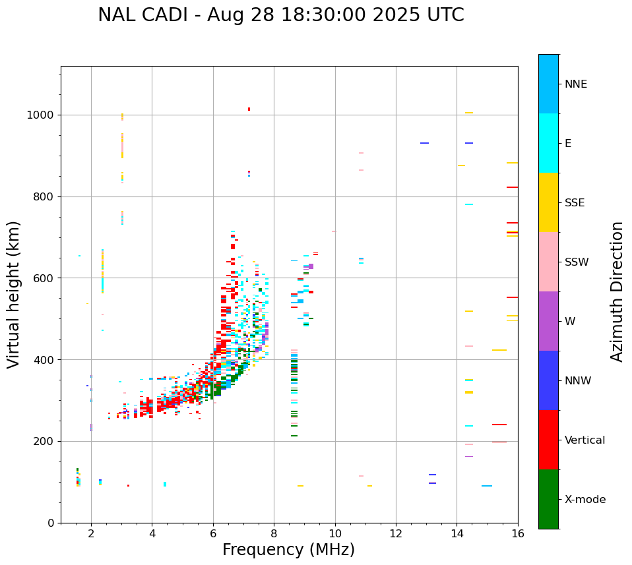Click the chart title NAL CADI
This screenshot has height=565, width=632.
point(280,15)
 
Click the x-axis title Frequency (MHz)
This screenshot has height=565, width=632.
point(288,550)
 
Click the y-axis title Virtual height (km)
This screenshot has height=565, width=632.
point(14,295)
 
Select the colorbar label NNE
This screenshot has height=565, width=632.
point(575,84)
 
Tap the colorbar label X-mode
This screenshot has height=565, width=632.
point(585,500)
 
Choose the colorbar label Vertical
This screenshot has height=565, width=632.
point(585,440)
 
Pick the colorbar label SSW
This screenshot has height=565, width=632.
point(577,262)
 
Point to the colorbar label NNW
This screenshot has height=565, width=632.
point(578,381)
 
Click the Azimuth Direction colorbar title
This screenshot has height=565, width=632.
point(617,291)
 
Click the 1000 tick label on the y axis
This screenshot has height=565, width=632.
point(41,115)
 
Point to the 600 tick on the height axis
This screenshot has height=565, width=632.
point(44,278)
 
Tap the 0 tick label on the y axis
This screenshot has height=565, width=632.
point(51,523)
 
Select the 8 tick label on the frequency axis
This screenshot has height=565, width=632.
point(274,533)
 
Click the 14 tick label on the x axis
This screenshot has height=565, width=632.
point(457,533)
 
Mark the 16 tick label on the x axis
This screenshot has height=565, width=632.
point(517,533)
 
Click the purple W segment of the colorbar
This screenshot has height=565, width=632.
point(548,321)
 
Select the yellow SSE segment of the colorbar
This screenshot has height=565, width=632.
point(548,202)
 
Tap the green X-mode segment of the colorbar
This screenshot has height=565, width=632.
point(548,499)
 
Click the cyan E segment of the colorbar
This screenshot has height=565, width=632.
point(548,143)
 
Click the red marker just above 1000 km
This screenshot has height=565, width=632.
point(249,109)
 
